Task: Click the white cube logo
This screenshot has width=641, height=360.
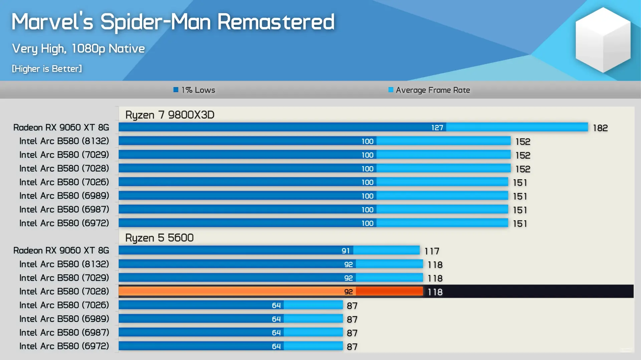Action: pyautogui.click(x=603, y=40)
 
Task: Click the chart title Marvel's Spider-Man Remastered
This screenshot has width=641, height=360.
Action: pyautogui.click(x=173, y=22)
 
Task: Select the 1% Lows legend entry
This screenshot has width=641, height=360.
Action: pyautogui.click(x=194, y=90)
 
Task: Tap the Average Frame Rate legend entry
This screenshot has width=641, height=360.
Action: pyautogui.click(x=429, y=90)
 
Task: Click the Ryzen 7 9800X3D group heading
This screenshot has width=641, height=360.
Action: pyautogui.click(x=170, y=115)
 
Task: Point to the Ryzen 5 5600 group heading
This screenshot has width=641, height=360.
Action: pyautogui.click(x=159, y=238)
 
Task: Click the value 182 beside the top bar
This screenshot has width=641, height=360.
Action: pyautogui.click(x=600, y=128)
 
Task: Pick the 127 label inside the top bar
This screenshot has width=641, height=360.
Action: pyautogui.click(x=437, y=128)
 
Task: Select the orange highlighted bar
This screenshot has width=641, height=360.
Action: pyautogui.click(x=270, y=292)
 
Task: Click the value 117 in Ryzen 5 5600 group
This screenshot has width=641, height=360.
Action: pyautogui.click(x=432, y=251)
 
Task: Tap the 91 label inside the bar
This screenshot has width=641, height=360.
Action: pyautogui.click(x=346, y=251)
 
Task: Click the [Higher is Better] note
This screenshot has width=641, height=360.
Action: pyautogui.click(x=47, y=69)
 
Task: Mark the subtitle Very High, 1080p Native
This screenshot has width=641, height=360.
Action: pyautogui.click(x=78, y=49)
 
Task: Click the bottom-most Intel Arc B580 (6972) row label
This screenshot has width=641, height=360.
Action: pyautogui.click(x=64, y=346)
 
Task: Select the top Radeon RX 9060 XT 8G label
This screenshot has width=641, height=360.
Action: pyautogui.click(x=61, y=128)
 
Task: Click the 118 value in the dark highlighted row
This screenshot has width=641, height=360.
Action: pyautogui.click(x=435, y=292)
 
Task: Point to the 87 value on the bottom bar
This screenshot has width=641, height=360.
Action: pyautogui.click(x=352, y=347)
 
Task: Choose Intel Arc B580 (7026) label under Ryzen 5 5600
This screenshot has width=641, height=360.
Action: pyautogui.click(x=64, y=305)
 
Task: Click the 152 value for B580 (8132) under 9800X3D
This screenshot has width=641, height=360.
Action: pyautogui.click(x=522, y=142)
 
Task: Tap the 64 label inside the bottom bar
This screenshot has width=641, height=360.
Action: pyautogui.click(x=276, y=346)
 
